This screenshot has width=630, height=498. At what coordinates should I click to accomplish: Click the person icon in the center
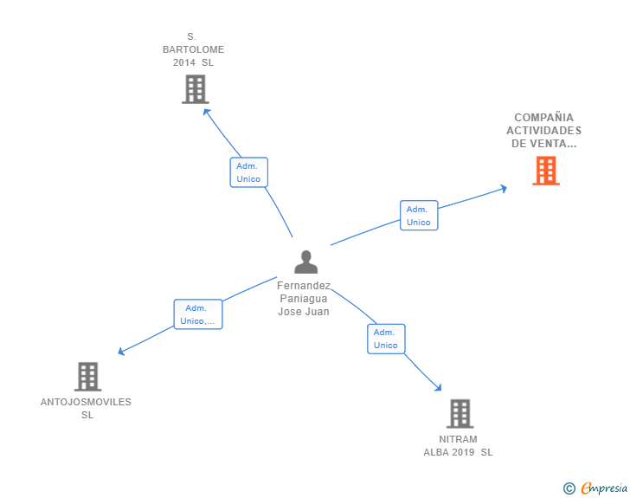tap(305, 262)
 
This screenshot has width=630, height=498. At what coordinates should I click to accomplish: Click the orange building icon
tap(545, 171)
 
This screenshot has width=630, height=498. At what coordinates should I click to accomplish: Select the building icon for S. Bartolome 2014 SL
tap(195, 89)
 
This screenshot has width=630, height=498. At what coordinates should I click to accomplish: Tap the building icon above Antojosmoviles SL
tap(87, 377)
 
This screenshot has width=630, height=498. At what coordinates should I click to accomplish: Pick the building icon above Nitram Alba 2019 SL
tap(460, 414)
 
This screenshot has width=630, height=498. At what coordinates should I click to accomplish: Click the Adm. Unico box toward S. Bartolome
tap(248, 172)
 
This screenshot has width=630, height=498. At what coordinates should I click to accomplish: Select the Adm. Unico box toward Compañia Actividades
tap(419, 216)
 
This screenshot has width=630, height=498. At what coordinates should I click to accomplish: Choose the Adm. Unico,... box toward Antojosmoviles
tap(198, 314)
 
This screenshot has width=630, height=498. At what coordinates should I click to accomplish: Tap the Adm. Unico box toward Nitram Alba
tap(386, 339)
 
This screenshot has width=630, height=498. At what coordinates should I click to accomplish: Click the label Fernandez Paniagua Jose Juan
tap(304, 299)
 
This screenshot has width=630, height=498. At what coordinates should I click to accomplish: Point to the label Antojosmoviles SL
tap(87, 408)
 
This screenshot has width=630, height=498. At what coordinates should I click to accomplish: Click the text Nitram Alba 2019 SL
tap(458, 445)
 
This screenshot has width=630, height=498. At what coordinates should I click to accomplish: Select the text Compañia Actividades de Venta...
tap(544, 131)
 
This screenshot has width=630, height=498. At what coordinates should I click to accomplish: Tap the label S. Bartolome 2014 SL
tap(193, 49)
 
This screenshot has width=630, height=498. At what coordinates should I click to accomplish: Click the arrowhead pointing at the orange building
tap(503, 187)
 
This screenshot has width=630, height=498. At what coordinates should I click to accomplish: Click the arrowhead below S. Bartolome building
tap(205, 110)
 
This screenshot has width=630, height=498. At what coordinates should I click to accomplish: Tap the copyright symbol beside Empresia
tap(569, 488)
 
